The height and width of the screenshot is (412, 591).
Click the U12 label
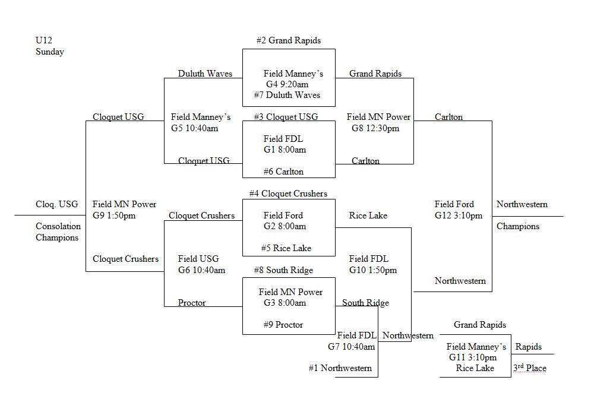[44, 40]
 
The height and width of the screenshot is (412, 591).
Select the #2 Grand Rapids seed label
[289, 40]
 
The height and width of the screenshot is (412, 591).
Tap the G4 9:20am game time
[287, 84]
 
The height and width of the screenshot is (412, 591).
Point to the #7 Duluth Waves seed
[287, 95]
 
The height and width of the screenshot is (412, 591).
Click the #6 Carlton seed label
[284, 172]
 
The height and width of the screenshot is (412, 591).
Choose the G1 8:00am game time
[285, 150]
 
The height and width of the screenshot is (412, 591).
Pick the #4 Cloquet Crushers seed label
[289, 194]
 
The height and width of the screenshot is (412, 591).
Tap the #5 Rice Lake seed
[286, 248]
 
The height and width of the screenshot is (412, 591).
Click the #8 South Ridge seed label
[283, 270]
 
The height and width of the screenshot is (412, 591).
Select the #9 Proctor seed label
[283, 325]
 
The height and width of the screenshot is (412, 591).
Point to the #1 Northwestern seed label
[340, 368]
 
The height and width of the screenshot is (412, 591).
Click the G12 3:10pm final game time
[459, 215]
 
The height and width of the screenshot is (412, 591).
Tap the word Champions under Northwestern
[518, 226]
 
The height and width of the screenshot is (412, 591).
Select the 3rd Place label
[530, 368]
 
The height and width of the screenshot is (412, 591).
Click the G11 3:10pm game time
[473, 357]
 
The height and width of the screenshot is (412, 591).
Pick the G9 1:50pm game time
[114, 215]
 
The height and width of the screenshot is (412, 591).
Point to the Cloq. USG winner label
[57, 204]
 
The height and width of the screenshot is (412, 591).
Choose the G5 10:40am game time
[194, 128]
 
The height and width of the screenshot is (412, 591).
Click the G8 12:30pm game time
[375, 128]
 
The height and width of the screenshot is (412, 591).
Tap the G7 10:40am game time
[352, 346]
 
